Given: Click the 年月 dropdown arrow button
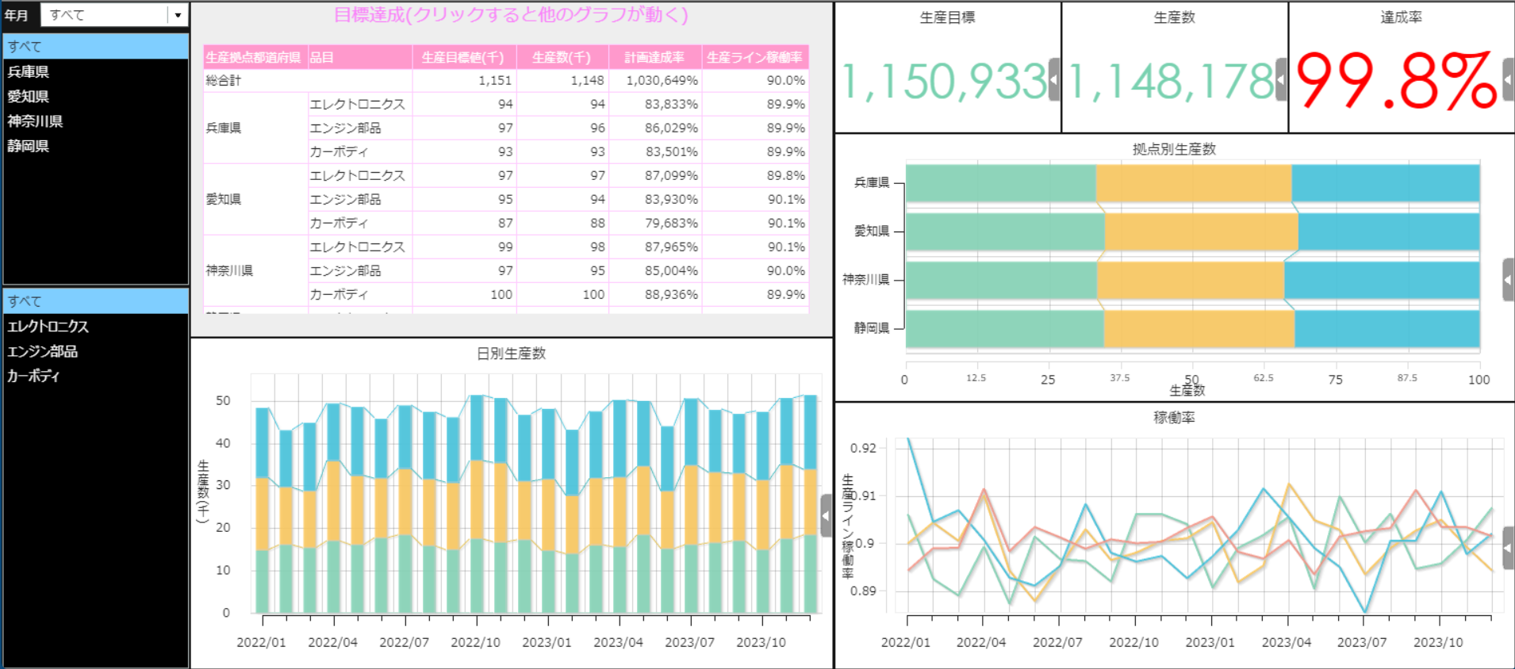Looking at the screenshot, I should [178, 15].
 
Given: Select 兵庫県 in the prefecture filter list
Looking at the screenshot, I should [29, 72].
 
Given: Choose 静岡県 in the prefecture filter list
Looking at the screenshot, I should [29, 146].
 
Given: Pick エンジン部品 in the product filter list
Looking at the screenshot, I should [42, 351].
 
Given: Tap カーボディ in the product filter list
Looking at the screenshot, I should [33, 376].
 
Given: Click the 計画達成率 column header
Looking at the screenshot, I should [654, 57].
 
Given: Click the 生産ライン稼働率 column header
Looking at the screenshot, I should [754, 57].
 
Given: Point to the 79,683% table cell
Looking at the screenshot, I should [671, 223].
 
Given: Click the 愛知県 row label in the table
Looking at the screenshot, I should [224, 199].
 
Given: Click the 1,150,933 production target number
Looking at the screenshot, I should [945, 82].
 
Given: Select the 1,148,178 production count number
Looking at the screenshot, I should [1172, 82].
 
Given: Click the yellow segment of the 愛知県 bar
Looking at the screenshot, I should [1201, 231].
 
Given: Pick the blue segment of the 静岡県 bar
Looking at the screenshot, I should [1387, 328].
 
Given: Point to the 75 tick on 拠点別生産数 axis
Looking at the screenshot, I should [1336, 380].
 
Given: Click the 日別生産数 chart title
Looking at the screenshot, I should [511, 354].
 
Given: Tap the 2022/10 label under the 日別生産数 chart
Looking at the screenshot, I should [475, 642].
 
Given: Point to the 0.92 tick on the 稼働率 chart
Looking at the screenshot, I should [863, 448].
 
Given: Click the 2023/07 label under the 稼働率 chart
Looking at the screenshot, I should [1362, 642].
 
